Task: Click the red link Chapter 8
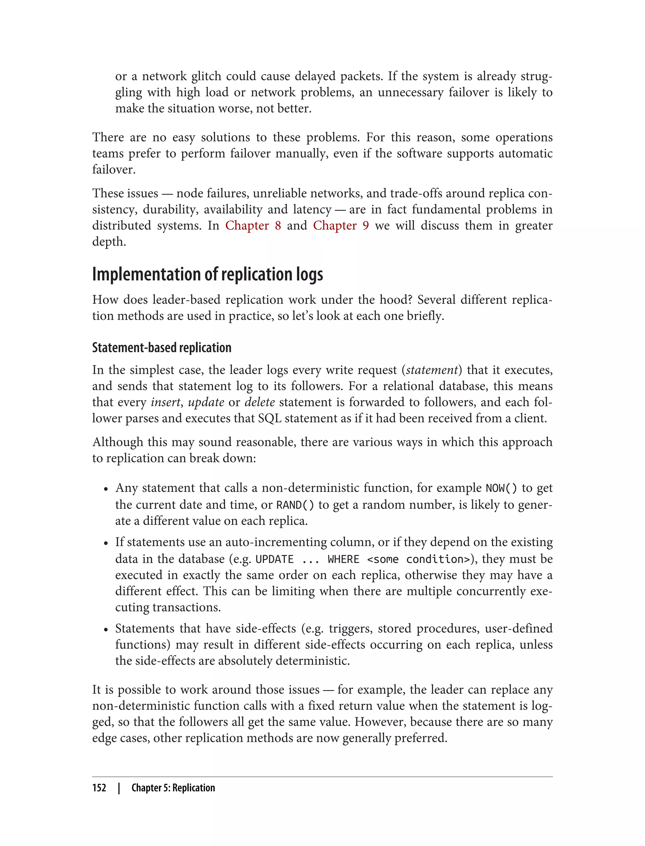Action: [x=253, y=226]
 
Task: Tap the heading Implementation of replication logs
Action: [x=207, y=274]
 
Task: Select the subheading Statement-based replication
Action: [x=162, y=347]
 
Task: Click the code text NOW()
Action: [x=501, y=488]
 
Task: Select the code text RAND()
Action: [x=295, y=505]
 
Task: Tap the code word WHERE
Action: [x=343, y=559]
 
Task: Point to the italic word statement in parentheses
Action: [x=432, y=370]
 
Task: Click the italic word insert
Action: [x=165, y=402]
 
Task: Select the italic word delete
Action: [x=260, y=402]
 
